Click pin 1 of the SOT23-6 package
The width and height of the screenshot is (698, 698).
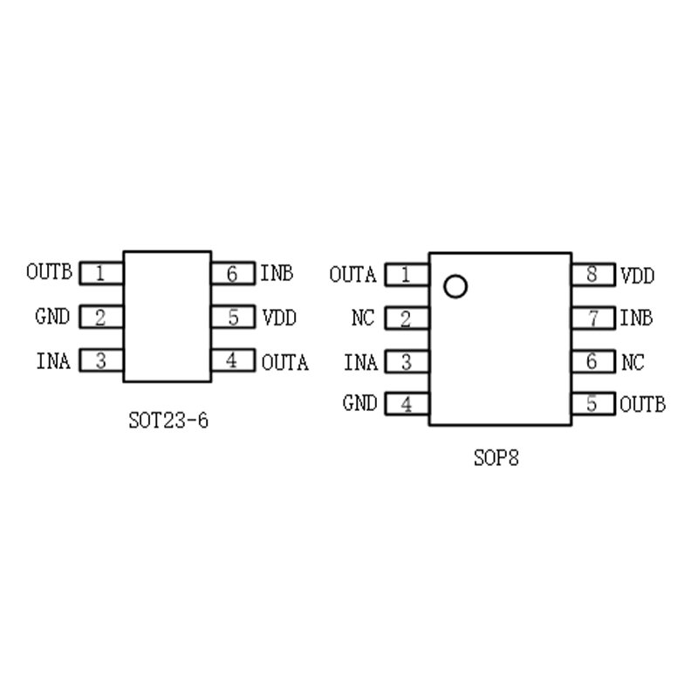[101, 273]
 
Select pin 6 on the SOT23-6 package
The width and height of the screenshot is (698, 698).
[232, 273]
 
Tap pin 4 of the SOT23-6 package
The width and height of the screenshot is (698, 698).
[232, 360]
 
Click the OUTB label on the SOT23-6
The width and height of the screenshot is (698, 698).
[49, 272]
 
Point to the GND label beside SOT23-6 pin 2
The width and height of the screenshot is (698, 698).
[52, 317]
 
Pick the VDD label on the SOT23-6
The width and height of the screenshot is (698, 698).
[279, 318]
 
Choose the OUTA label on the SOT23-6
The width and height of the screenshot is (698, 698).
[285, 361]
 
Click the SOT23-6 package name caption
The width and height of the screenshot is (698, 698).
[168, 421]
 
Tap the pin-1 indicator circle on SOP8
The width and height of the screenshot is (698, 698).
[455, 286]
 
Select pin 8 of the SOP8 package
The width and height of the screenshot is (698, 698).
[593, 275]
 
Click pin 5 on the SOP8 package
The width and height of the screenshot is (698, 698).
[593, 404]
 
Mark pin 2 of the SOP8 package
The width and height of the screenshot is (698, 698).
[407, 318]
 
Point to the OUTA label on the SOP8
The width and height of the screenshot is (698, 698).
[352, 275]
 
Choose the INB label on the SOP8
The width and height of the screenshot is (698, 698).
[636, 318]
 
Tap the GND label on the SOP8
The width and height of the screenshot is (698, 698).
[359, 404]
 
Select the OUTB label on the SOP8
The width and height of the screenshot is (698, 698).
[643, 404]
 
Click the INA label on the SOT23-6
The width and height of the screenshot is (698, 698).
[52, 360]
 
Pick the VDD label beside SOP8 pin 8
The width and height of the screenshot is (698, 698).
[638, 276]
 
